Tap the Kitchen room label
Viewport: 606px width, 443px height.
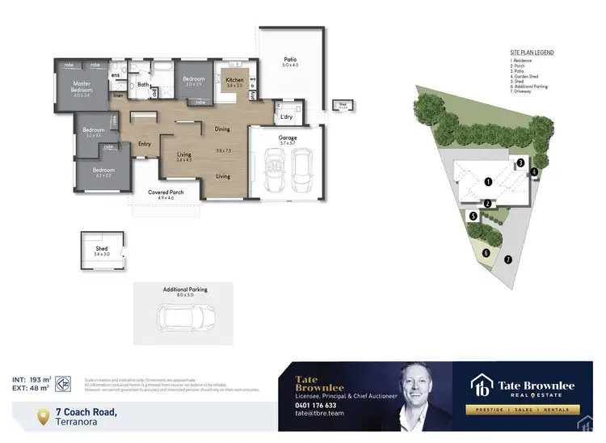point(234,79)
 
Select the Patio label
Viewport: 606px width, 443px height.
point(290,59)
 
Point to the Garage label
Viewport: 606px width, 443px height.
point(287,138)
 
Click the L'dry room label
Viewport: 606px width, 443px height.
point(286,117)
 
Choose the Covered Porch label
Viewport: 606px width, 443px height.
point(166,192)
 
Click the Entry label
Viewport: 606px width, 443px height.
point(145,144)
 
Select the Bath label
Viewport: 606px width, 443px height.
point(143,84)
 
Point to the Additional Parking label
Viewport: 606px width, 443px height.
point(185,289)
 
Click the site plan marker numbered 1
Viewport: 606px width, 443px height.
point(488,182)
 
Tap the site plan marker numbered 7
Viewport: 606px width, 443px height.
point(507,259)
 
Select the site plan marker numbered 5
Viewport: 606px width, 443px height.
point(473,216)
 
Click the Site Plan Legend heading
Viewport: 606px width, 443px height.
point(532,53)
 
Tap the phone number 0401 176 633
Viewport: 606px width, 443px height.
point(314,406)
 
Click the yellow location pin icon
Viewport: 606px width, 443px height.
point(44,416)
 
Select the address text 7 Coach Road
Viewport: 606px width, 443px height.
point(87,412)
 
